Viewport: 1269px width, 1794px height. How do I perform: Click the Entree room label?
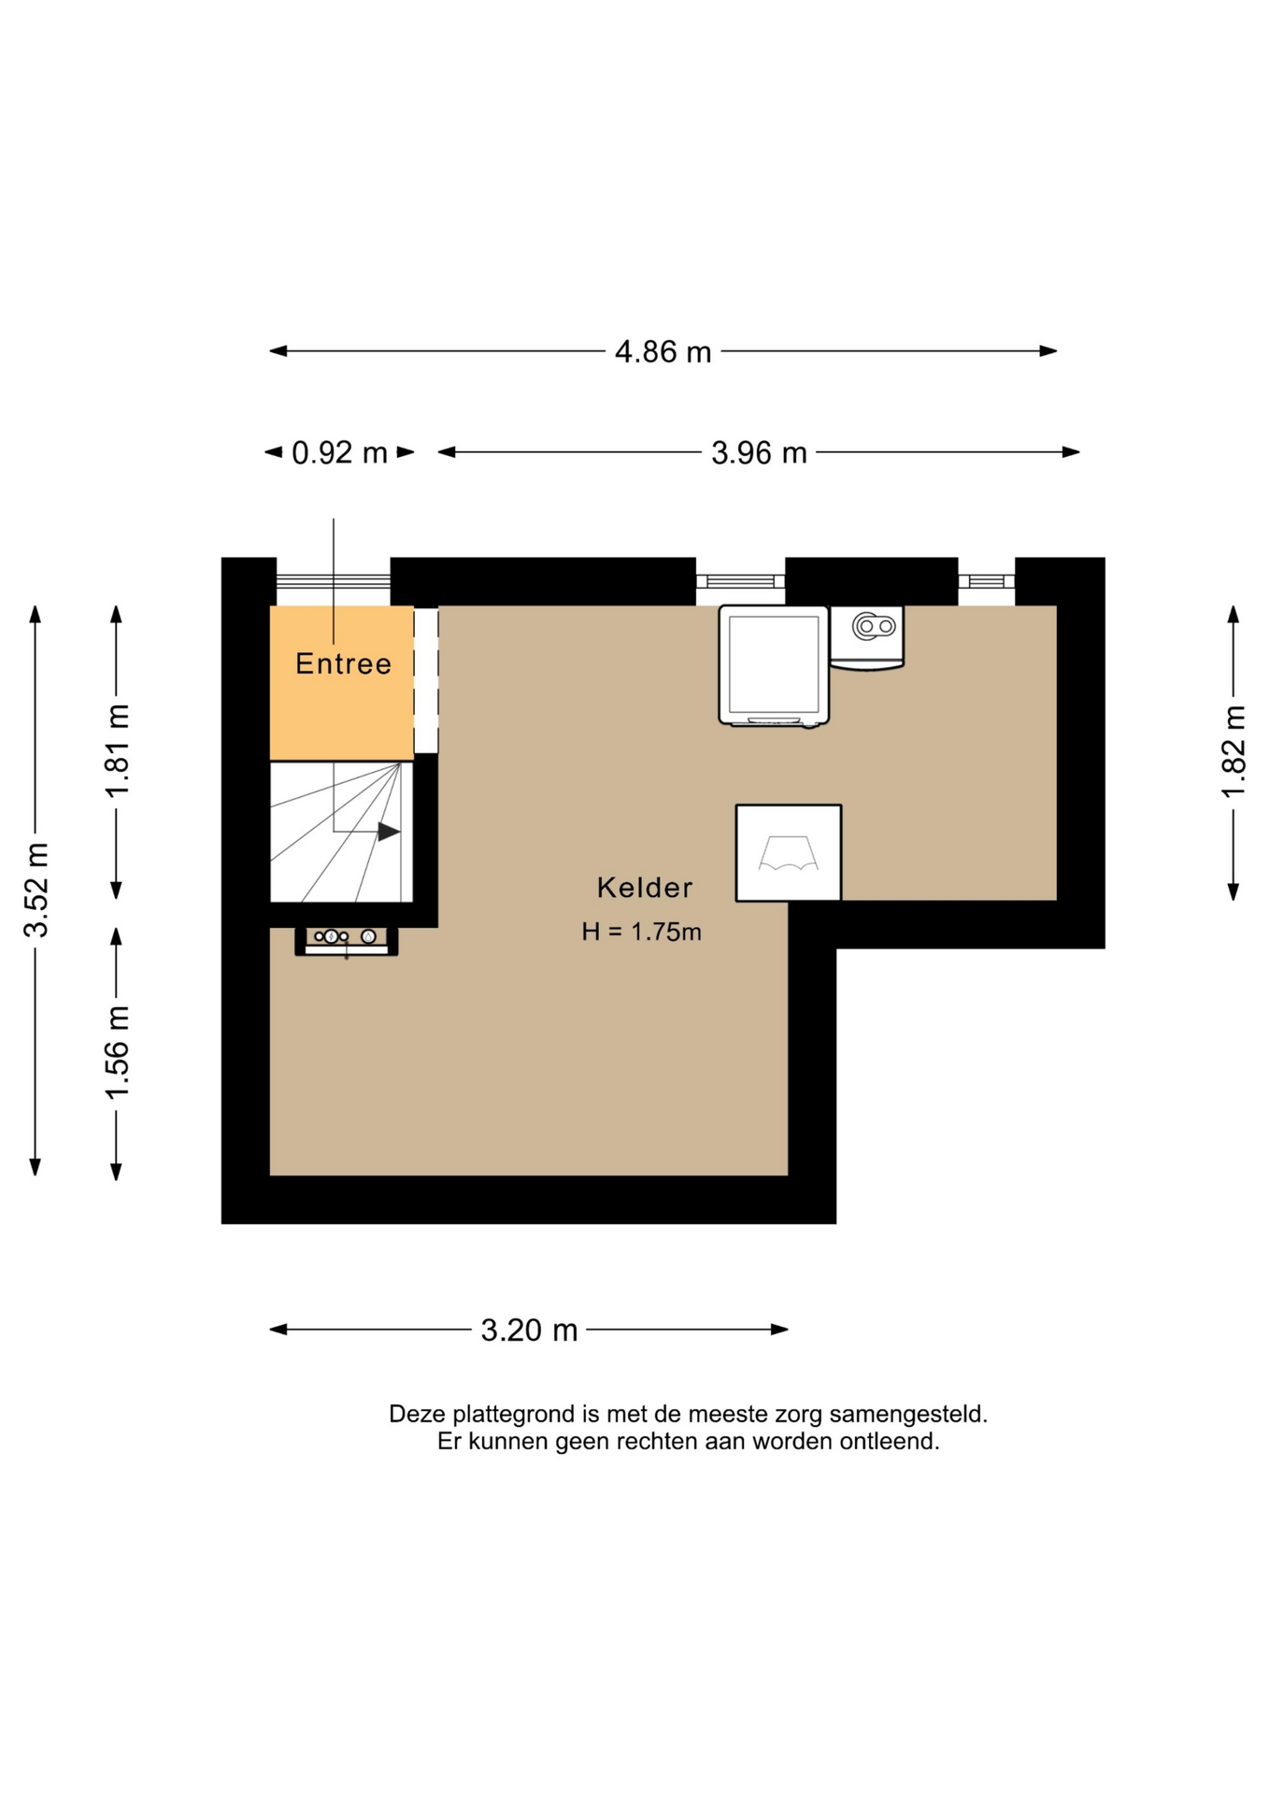343,663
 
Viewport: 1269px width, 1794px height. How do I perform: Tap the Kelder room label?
645,888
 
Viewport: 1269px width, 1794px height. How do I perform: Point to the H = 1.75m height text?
641,932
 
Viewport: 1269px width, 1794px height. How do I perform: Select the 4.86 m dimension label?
663,352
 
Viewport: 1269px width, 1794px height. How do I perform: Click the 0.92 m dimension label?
339,453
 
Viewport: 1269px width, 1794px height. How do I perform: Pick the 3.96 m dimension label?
759,453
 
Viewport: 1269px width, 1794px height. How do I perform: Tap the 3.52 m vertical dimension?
37,890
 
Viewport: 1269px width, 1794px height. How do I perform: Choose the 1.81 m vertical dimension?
118,751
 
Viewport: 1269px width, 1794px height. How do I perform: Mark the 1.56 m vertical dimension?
118,1053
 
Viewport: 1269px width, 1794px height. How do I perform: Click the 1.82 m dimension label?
1234,752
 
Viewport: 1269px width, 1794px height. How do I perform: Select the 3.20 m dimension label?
529,1330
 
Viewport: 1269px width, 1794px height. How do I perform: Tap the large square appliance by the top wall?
774,665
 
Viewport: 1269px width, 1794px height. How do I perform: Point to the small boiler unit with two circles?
867,637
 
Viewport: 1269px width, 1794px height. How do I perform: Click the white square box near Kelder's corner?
789,853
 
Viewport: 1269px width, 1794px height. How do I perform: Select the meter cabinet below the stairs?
347,941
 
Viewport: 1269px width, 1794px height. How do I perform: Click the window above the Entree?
333,581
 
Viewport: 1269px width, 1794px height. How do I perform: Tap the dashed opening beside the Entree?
426,679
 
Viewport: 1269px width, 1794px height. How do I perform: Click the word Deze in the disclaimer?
417,1415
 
